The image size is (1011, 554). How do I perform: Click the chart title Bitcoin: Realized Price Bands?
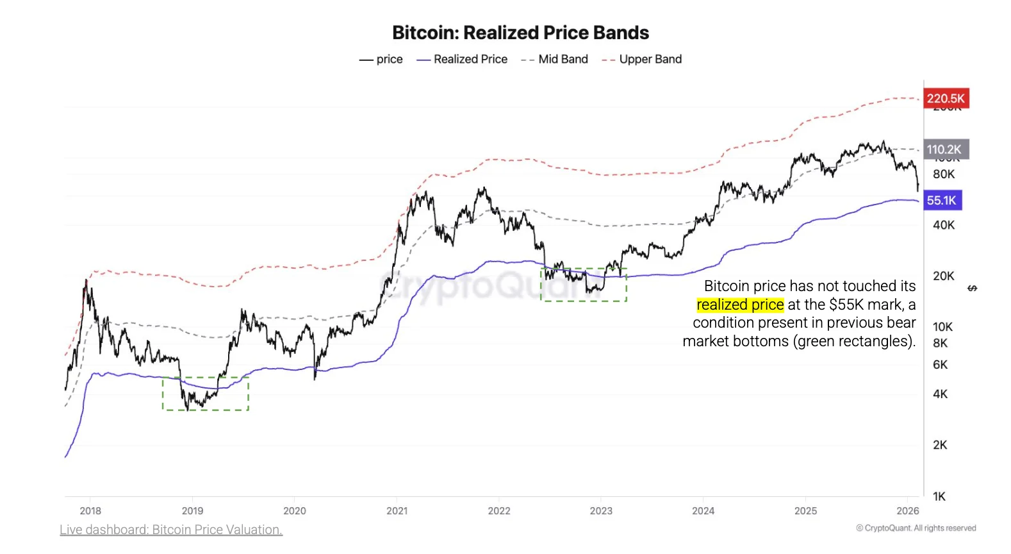(x=520, y=33)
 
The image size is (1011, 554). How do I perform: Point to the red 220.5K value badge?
(x=946, y=98)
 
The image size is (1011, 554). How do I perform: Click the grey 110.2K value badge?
(x=945, y=149)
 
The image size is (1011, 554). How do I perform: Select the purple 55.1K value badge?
(x=942, y=200)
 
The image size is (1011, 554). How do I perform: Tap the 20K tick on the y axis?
(x=943, y=276)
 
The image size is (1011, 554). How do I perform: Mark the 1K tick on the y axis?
(x=939, y=496)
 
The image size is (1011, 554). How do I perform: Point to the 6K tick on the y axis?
(x=940, y=364)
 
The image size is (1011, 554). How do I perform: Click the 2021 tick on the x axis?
(x=397, y=510)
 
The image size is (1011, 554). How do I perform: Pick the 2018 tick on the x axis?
(x=90, y=510)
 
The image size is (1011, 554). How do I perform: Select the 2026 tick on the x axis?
(x=907, y=510)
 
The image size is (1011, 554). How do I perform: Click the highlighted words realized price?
(x=740, y=305)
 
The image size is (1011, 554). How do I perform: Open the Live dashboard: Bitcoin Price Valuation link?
(x=171, y=530)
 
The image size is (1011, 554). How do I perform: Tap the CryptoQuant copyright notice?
(x=916, y=528)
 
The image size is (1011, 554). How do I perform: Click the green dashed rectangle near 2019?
(x=206, y=394)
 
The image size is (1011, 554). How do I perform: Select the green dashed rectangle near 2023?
(x=584, y=285)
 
